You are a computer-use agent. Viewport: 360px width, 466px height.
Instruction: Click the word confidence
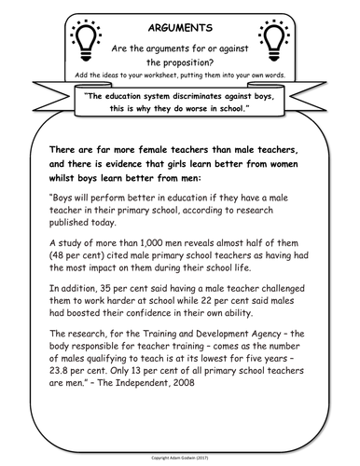[x=173, y=320]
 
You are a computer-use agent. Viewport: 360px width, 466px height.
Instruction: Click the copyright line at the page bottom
[x=180, y=459]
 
